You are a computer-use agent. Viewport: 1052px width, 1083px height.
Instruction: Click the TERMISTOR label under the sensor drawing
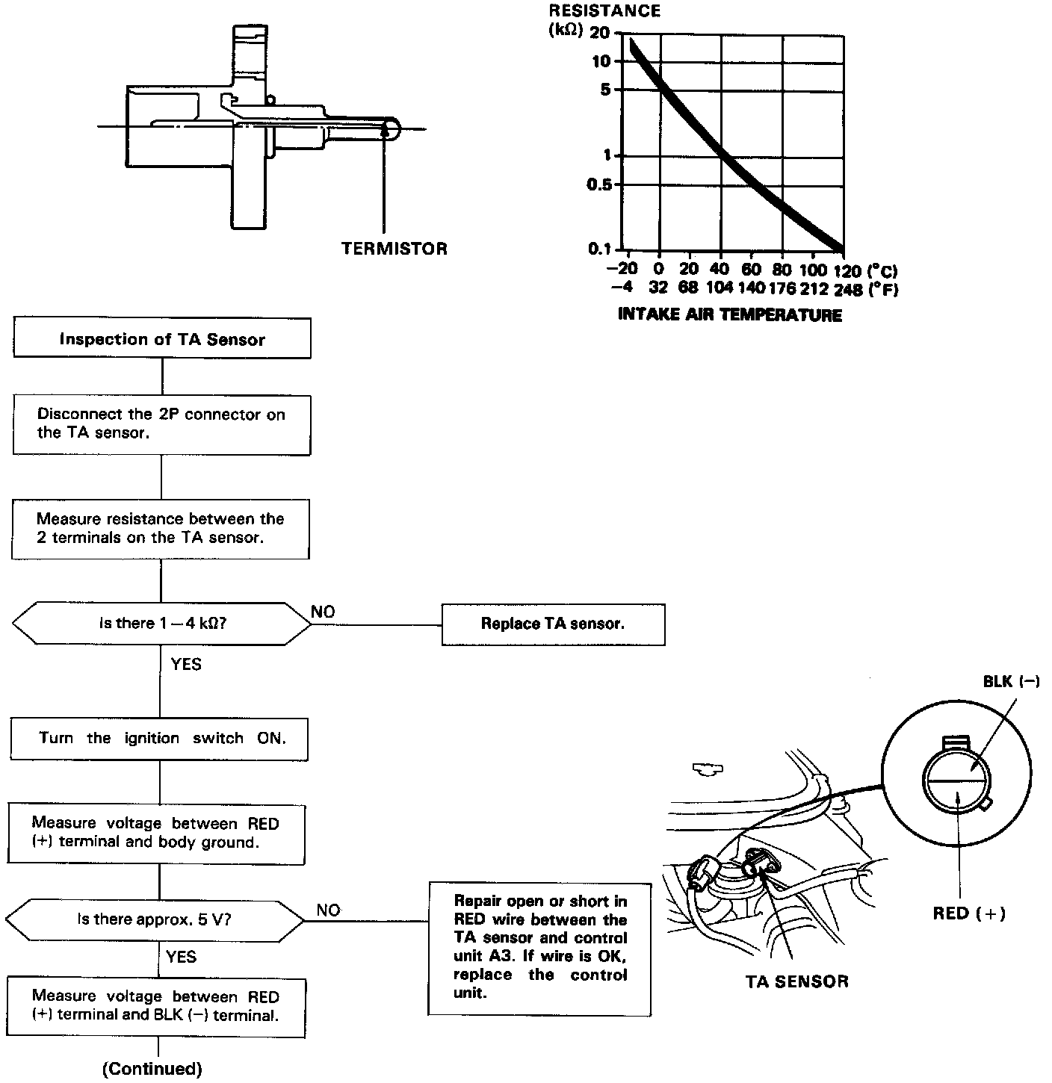pyautogui.click(x=394, y=249)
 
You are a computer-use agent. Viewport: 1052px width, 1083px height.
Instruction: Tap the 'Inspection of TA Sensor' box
pyautogui.click(x=162, y=340)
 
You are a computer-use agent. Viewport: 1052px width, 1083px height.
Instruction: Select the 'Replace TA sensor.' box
pyautogui.click(x=553, y=624)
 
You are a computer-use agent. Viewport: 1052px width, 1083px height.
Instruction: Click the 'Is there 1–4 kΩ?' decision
pyautogui.click(x=162, y=624)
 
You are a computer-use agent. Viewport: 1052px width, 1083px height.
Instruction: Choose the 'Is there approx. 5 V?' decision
pyautogui.click(x=155, y=919)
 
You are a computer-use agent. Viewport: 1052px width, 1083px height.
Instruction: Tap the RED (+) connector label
pyautogui.click(x=969, y=913)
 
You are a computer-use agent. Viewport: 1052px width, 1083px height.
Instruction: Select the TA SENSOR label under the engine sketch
pyautogui.click(x=796, y=981)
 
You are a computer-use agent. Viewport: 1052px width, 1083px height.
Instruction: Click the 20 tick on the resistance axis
pyautogui.click(x=599, y=33)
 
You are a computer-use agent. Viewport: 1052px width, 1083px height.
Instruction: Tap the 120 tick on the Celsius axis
pyautogui.click(x=847, y=270)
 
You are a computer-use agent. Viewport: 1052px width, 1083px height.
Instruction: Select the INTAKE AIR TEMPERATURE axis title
pyautogui.click(x=730, y=315)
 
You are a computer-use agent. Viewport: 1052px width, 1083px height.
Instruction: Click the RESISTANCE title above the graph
pyautogui.click(x=604, y=10)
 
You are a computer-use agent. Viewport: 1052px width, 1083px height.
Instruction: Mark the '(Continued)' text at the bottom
pyautogui.click(x=152, y=1069)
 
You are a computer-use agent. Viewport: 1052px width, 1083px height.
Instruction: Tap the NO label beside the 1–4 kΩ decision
pyautogui.click(x=323, y=612)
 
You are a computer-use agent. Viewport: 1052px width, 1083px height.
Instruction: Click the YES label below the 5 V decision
pyautogui.click(x=181, y=957)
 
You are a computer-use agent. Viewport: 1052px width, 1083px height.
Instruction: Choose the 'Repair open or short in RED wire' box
pyautogui.click(x=539, y=947)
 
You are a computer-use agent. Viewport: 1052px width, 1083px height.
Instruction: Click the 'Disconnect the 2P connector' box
pyautogui.click(x=161, y=424)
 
